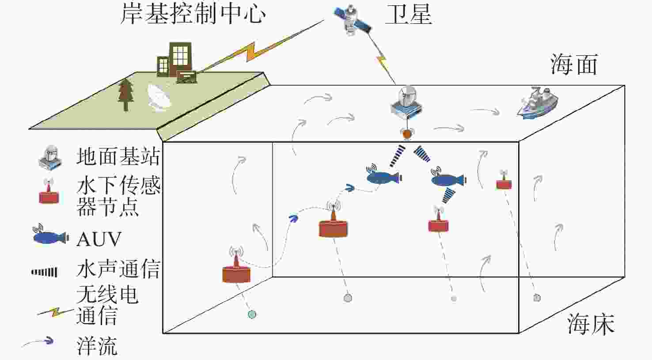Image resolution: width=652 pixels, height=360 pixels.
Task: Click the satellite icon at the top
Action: pos(353,20)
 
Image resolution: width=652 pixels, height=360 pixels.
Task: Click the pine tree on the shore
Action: pos(126,95)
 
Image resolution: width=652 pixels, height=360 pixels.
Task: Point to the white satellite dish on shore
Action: pos(159,97)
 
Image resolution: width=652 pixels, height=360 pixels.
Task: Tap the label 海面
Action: pos(574,64)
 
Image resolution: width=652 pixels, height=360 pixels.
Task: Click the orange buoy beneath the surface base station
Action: pos(407,133)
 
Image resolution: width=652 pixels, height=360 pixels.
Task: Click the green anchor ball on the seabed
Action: pos(252,315)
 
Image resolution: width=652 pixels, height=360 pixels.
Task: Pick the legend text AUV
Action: pos(99,239)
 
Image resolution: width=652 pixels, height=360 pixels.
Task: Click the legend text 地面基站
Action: pos(118,157)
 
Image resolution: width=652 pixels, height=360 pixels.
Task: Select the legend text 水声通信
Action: pos(118,269)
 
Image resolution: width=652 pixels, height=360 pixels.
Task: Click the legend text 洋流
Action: pos(97,345)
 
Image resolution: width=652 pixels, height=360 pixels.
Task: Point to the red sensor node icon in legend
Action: pos(48,192)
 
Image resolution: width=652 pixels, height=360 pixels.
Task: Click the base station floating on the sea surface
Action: pos(406,104)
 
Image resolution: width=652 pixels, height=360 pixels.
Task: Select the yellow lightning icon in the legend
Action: pos(56,312)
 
